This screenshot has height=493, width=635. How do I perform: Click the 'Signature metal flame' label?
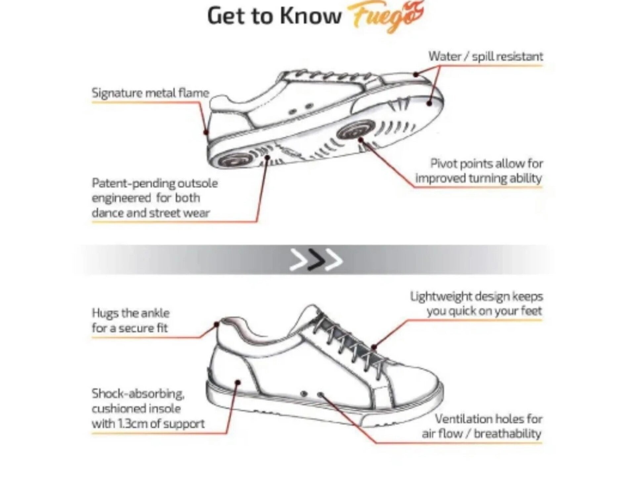point(151,93)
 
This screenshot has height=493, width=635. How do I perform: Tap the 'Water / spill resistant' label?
point(486,57)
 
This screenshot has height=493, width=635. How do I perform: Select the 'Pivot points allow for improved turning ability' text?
point(479,171)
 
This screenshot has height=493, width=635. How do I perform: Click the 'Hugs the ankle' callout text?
point(131,321)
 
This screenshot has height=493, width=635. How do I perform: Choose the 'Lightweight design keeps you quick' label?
point(476,304)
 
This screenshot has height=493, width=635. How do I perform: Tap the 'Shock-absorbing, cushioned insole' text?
point(148,409)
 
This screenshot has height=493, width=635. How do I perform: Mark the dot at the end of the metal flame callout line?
point(206,132)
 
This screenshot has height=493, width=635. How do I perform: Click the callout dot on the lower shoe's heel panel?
point(237,382)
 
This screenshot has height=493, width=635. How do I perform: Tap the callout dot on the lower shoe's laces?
point(374,347)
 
